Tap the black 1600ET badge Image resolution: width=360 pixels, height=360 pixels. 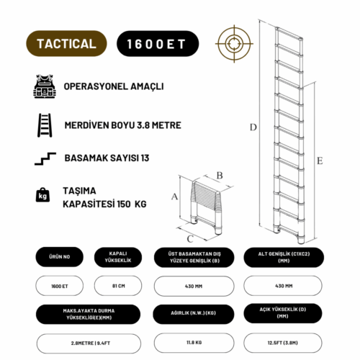[156, 43]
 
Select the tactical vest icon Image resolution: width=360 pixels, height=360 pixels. [43, 86]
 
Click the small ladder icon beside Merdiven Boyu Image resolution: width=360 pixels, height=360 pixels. [43, 124]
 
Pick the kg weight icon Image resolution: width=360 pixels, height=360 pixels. [42, 195]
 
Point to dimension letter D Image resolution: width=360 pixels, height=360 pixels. [253, 127]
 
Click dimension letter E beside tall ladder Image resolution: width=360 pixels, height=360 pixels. [318, 161]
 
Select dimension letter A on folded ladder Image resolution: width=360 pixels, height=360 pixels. [174, 196]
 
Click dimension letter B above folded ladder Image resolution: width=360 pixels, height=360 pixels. [220, 174]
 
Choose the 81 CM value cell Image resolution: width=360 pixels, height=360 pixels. [118, 286]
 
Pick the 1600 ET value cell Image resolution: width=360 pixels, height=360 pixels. [59, 286]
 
